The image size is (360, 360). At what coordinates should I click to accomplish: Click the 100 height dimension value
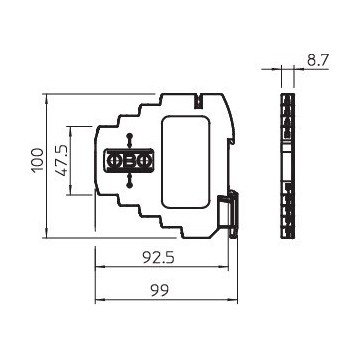37,165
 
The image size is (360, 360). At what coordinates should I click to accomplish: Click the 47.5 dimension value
63,160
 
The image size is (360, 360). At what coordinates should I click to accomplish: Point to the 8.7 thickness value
318,61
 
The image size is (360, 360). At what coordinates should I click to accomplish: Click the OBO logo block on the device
129,160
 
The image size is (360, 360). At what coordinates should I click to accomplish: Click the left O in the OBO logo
115,160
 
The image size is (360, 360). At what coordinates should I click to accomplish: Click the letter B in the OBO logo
129,160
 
